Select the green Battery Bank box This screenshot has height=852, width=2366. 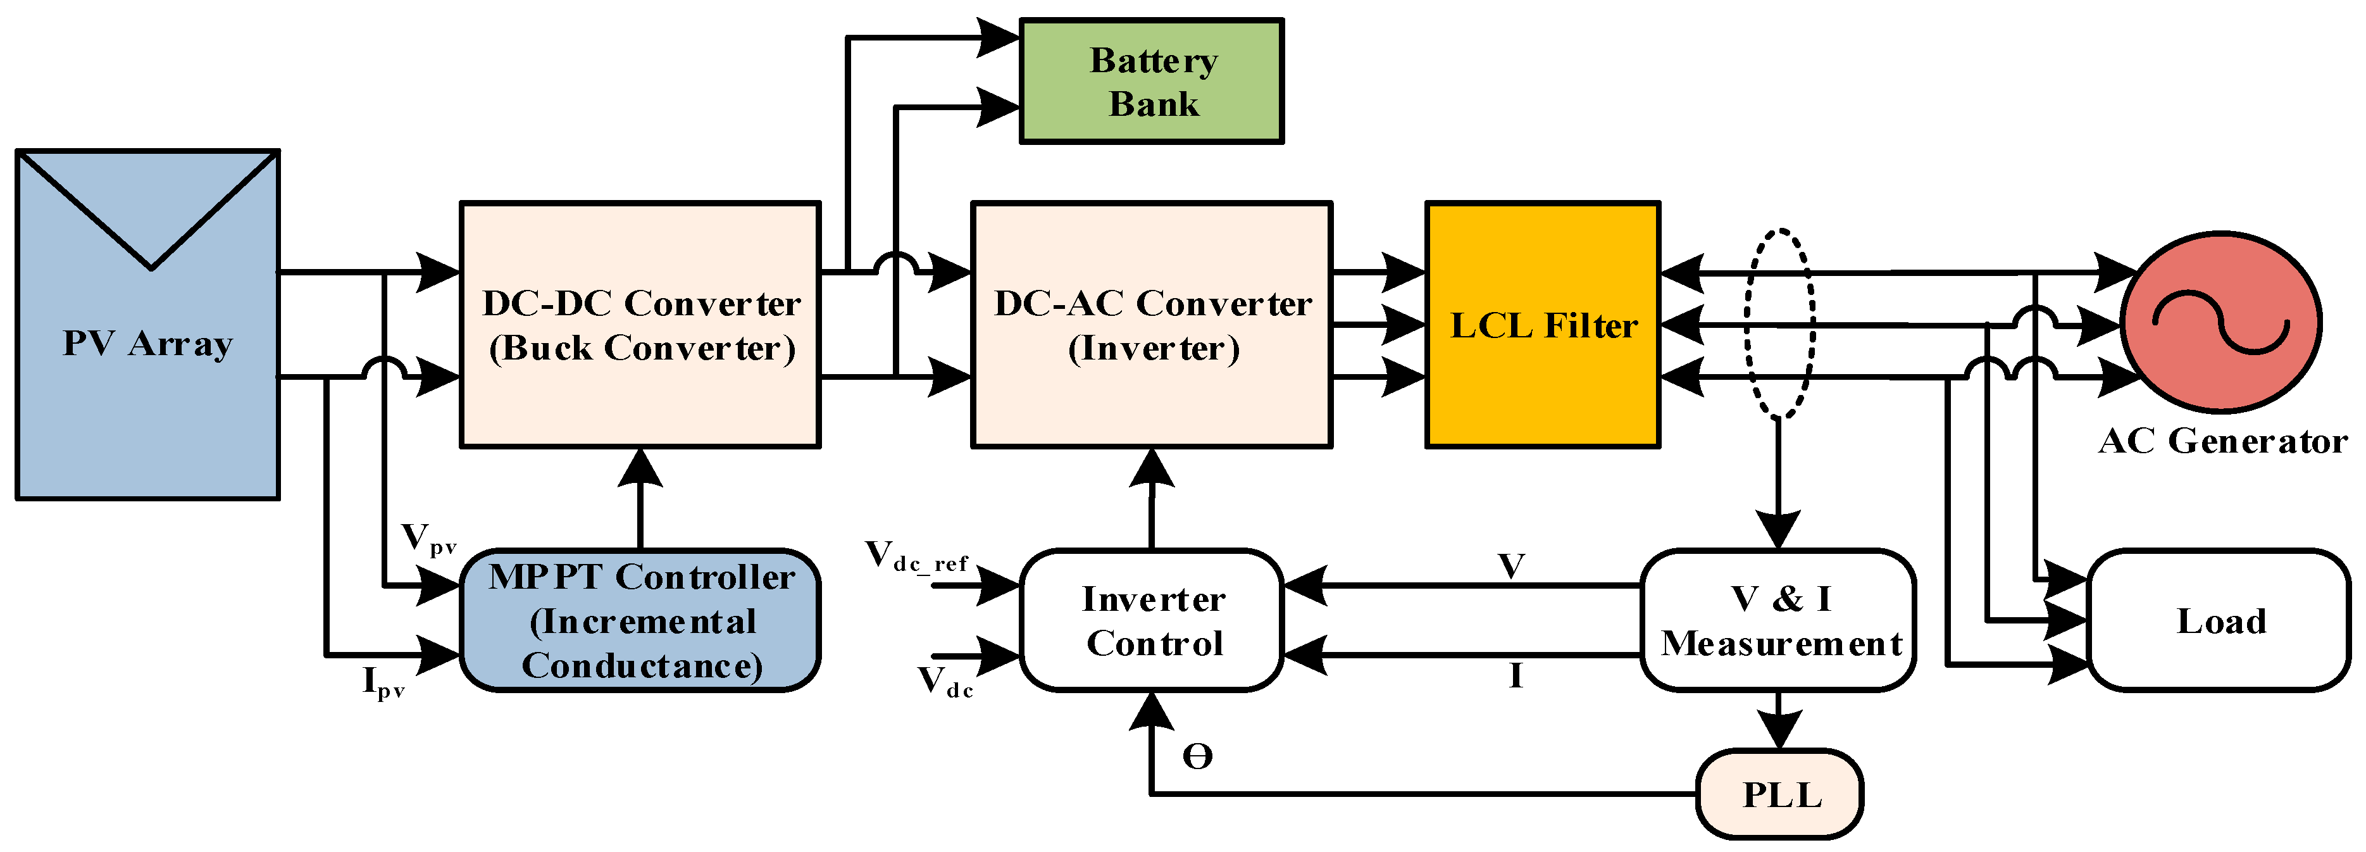pos(1151,81)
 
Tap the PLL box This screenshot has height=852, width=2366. pos(1779,794)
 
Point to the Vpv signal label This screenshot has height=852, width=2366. pos(427,539)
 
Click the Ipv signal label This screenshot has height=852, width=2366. pos(383,684)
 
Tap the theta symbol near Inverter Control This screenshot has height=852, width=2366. pos(1197,756)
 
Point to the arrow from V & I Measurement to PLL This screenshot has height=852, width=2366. pos(1779,722)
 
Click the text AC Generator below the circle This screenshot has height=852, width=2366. pos(2222,442)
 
